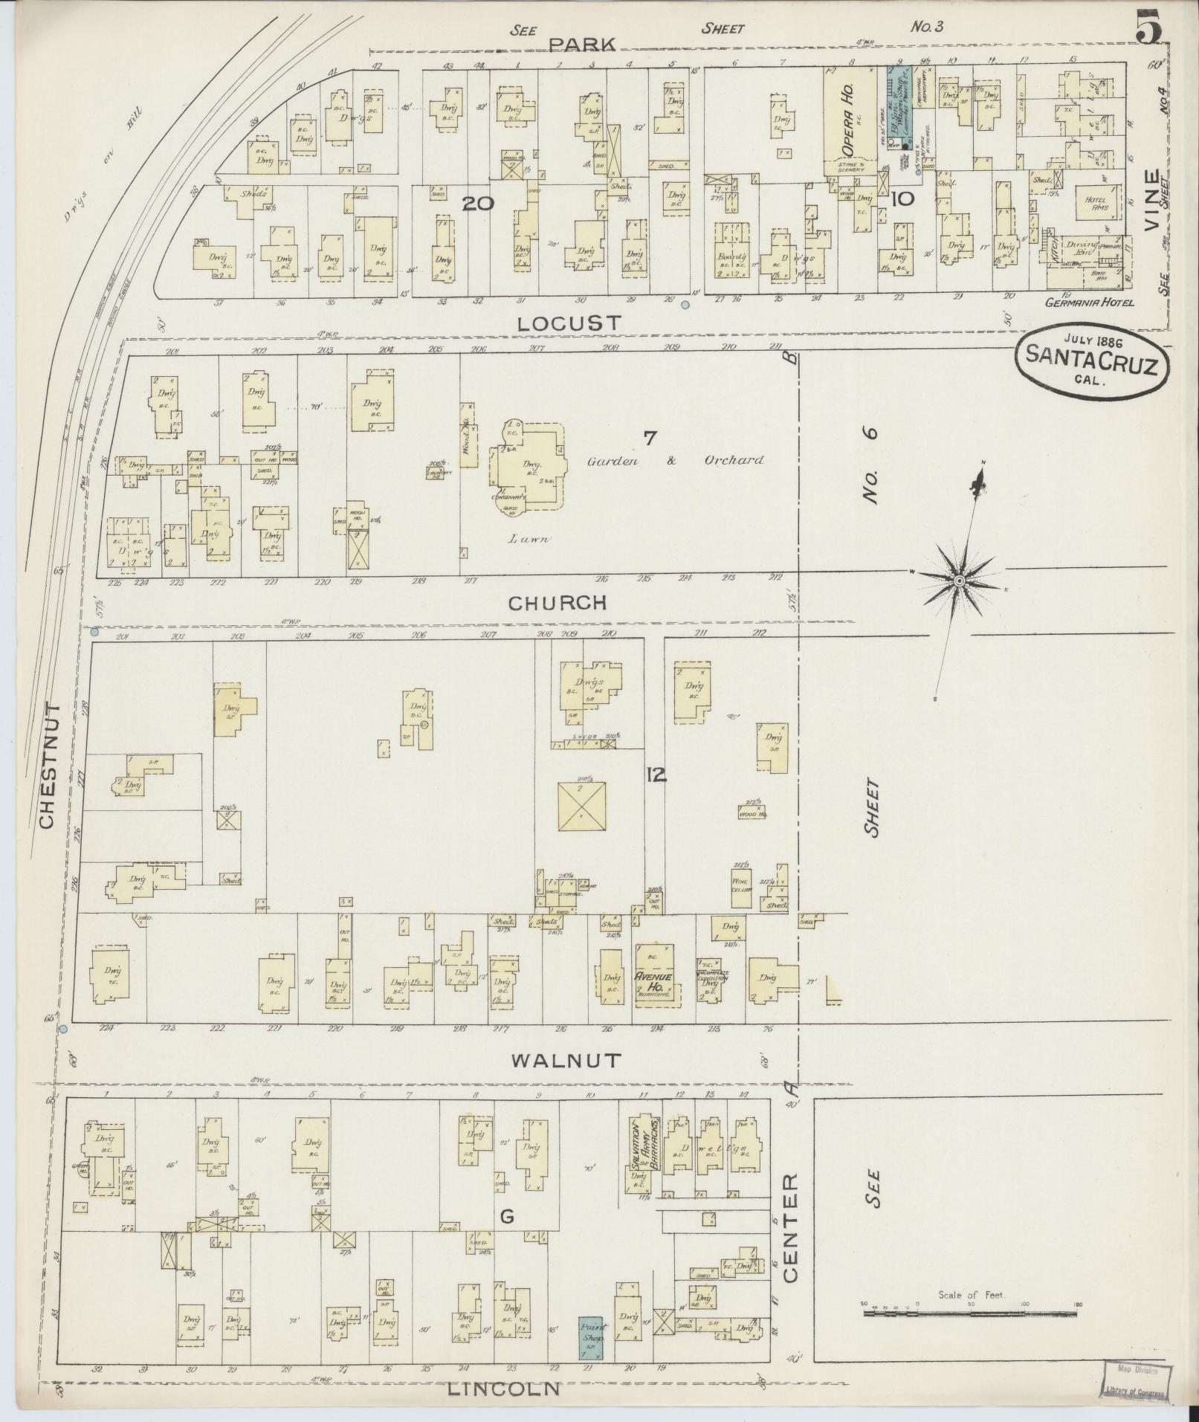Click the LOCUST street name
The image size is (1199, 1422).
pos(569,323)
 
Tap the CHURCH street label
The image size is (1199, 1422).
pos(558,602)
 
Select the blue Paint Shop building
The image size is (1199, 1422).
pos(593,1339)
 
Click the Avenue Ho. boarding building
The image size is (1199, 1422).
pos(654,975)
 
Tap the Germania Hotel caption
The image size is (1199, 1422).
pos(1088,303)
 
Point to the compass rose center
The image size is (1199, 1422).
pos(960,579)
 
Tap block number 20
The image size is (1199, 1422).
pos(477,204)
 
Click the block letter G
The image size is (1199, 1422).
pos(507,1217)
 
